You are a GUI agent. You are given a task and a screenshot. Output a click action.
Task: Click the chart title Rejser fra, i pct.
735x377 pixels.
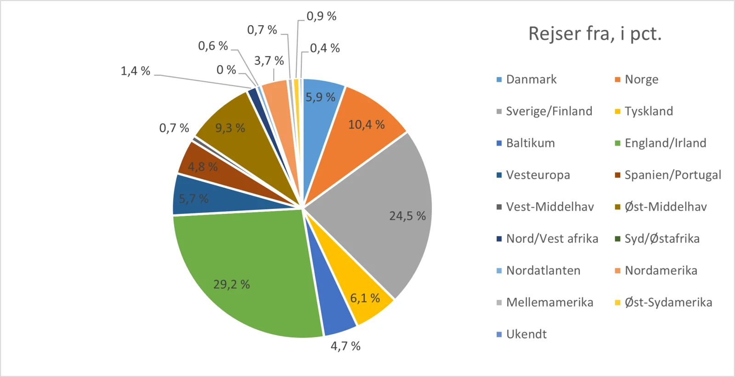click(x=594, y=34)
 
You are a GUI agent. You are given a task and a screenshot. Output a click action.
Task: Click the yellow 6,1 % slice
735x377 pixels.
click(x=363, y=289)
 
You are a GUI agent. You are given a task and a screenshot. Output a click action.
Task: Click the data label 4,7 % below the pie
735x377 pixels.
click(x=345, y=346)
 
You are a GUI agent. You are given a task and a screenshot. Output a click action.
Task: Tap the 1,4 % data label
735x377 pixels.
click(x=136, y=71)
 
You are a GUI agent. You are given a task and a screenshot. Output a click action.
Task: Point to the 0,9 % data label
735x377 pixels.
click(x=322, y=17)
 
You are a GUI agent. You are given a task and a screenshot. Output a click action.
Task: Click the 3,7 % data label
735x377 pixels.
click(x=269, y=61)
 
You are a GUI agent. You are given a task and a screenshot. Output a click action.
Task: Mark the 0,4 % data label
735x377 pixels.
click(x=325, y=48)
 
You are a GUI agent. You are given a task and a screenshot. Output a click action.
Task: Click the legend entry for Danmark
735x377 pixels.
click(x=531, y=79)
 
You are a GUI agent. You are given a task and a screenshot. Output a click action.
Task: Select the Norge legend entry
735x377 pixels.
click(x=641, y=79)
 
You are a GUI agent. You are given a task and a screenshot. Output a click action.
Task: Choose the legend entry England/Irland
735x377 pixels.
click(x=665, y=143)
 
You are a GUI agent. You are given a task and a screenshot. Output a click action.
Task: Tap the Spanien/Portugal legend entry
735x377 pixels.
click(x=673, y=175)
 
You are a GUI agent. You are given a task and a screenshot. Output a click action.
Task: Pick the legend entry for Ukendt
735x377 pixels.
click(x=526, y=334)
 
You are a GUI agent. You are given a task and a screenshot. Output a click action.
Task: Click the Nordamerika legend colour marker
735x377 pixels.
click(x=618, y=270)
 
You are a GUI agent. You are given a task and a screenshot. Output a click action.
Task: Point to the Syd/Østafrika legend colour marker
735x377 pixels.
click(x=618, y=239)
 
